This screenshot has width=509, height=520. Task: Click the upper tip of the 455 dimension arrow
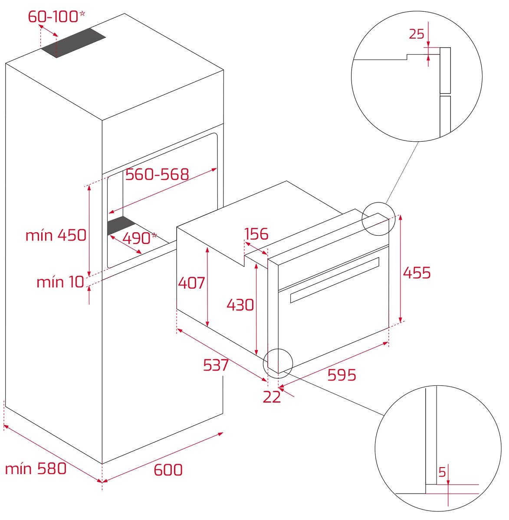click(x=401, y=215)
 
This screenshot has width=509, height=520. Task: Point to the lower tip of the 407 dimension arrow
click(x=208, y=327)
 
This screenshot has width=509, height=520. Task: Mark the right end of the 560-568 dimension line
click(x=217, y=168)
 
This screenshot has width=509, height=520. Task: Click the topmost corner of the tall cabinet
click(x=125, y=13)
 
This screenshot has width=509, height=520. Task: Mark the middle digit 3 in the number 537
click(x=216, y=365)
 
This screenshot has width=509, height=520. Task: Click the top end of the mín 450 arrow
click(x=89, y=184)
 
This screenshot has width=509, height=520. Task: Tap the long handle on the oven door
click(x=335, y=280)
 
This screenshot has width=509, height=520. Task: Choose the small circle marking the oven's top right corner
click(x=378, y=219)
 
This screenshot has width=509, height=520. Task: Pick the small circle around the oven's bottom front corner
click(x=278, y=364)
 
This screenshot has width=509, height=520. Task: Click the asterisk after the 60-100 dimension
click(x=82, y=13)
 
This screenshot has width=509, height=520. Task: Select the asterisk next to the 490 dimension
click(x=154, y=235)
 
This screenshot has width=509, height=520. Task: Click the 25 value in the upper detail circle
click(x=417, y=34)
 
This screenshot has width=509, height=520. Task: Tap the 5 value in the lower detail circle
click(x=442, y=472)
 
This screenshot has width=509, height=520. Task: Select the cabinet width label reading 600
click(x=168, y=470)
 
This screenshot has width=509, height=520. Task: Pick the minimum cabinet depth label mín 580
click(x=36, y=468)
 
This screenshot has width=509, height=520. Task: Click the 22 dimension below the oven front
click(x=272, y=396)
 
